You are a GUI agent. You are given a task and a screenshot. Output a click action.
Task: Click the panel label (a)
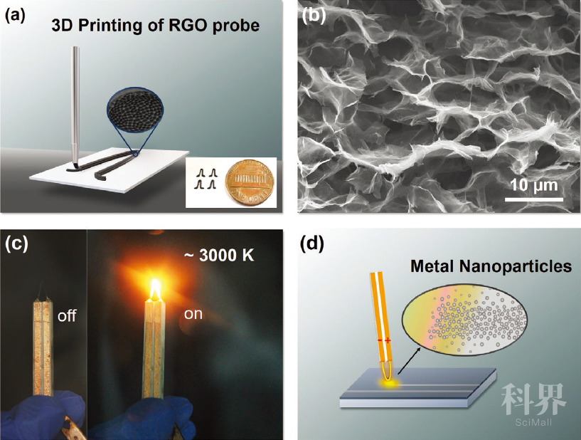click(x=15, y=16)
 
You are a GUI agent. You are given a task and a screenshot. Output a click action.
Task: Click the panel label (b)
click(x=314, y=16)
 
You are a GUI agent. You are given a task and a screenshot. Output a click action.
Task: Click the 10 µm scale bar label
click(x=534, y=184)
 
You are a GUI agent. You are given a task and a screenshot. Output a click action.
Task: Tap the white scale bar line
click(x=534, y=199)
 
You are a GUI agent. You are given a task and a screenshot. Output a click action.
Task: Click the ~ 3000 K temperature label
click(x=218, y=255)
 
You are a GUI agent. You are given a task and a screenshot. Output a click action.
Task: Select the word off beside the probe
click(x=66, y=316)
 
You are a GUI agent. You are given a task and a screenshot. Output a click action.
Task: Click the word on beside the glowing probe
click(x=193, y=314)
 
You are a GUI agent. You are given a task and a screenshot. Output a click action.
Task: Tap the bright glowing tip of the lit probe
click(x=156, y=289)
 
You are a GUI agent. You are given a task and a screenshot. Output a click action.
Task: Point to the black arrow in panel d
click(x=410, y=360)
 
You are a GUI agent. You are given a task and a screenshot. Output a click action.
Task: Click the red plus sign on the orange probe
click(x=388, y=340)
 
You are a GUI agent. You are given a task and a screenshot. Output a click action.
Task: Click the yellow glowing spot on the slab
click(x=388, y=384)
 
